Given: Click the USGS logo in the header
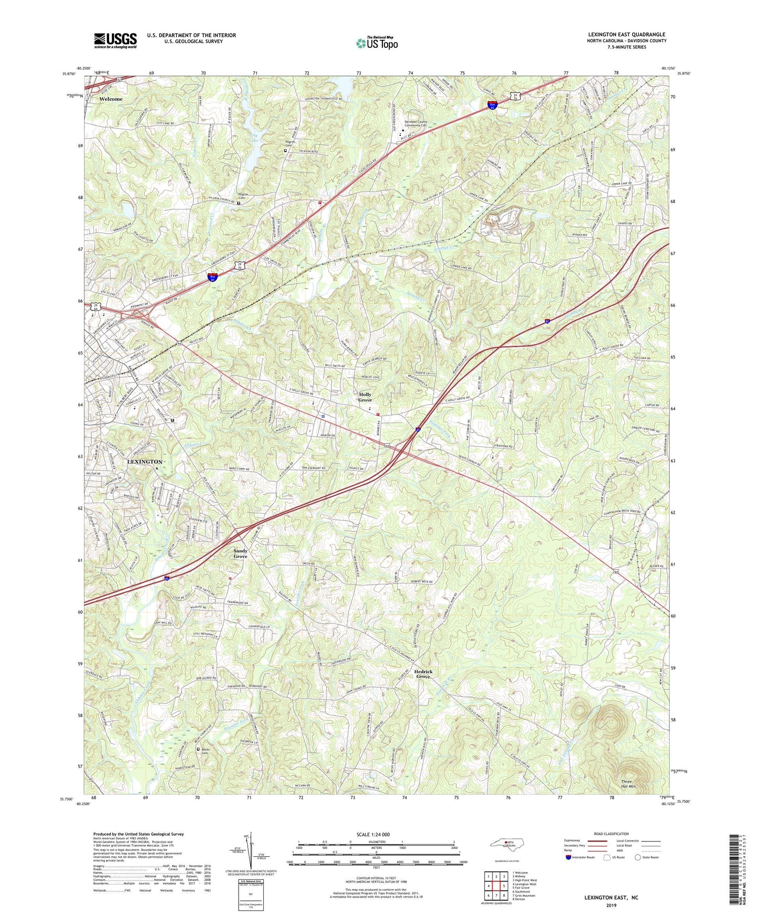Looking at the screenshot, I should [115, 40].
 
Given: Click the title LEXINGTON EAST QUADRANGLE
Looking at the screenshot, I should [626, 35].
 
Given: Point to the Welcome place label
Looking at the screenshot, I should [111, 99].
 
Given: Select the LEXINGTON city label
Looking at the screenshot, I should [145, 462].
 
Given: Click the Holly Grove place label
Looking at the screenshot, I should [365, 397].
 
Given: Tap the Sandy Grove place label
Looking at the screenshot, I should [240, 553].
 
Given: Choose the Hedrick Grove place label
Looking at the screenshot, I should [423, 674].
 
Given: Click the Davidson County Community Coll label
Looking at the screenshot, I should [415, 124].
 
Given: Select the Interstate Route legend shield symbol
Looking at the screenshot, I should [568, 857].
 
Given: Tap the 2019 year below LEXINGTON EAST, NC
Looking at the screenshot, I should [611, 905].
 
